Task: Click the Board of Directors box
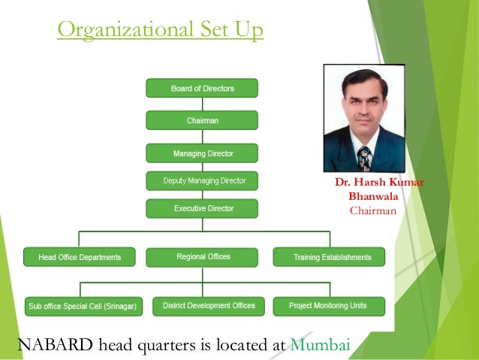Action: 202,89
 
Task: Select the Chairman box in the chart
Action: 202,120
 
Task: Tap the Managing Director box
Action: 202,153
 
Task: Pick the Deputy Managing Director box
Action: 202,181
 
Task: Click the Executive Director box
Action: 202,208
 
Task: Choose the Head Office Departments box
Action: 80,257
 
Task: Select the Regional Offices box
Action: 203,257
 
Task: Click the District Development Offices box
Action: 203,306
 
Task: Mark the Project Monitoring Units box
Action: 327,306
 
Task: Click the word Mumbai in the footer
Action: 321,345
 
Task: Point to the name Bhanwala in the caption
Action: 373,197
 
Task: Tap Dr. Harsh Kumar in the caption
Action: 373,183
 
